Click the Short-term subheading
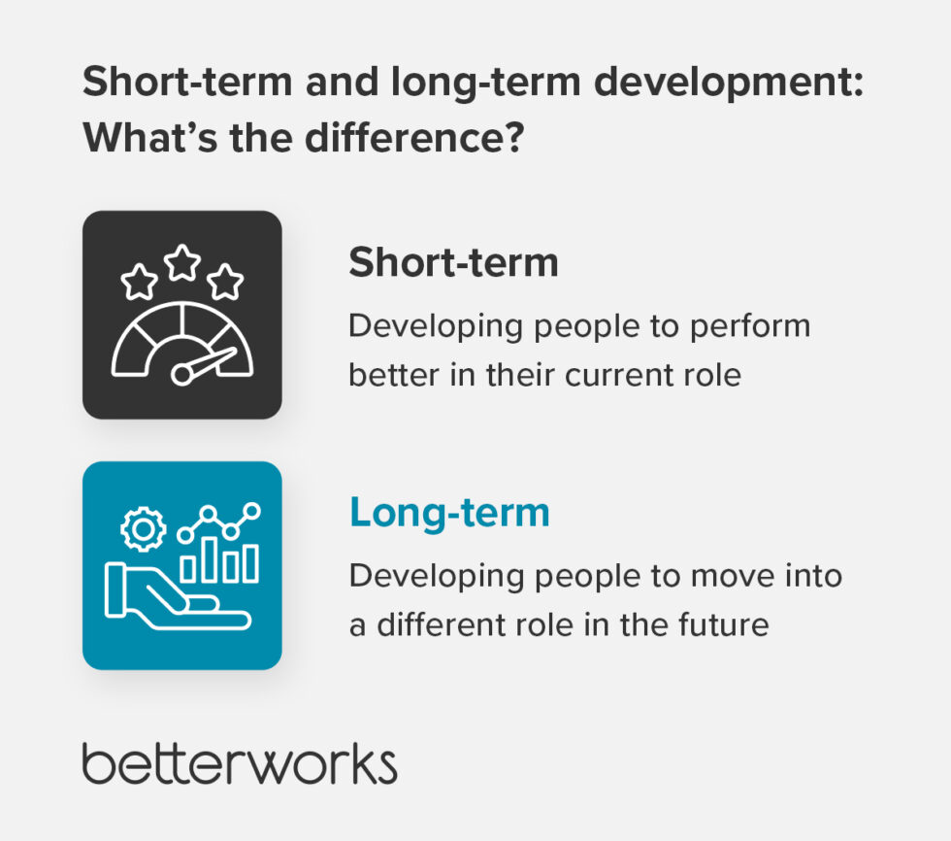point(453,262)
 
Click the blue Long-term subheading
point(449,513)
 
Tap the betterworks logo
point(240,764)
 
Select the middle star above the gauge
point(182,261)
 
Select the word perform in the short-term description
point(750,325)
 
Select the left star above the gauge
point(139,283)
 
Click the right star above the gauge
point(226,283)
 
